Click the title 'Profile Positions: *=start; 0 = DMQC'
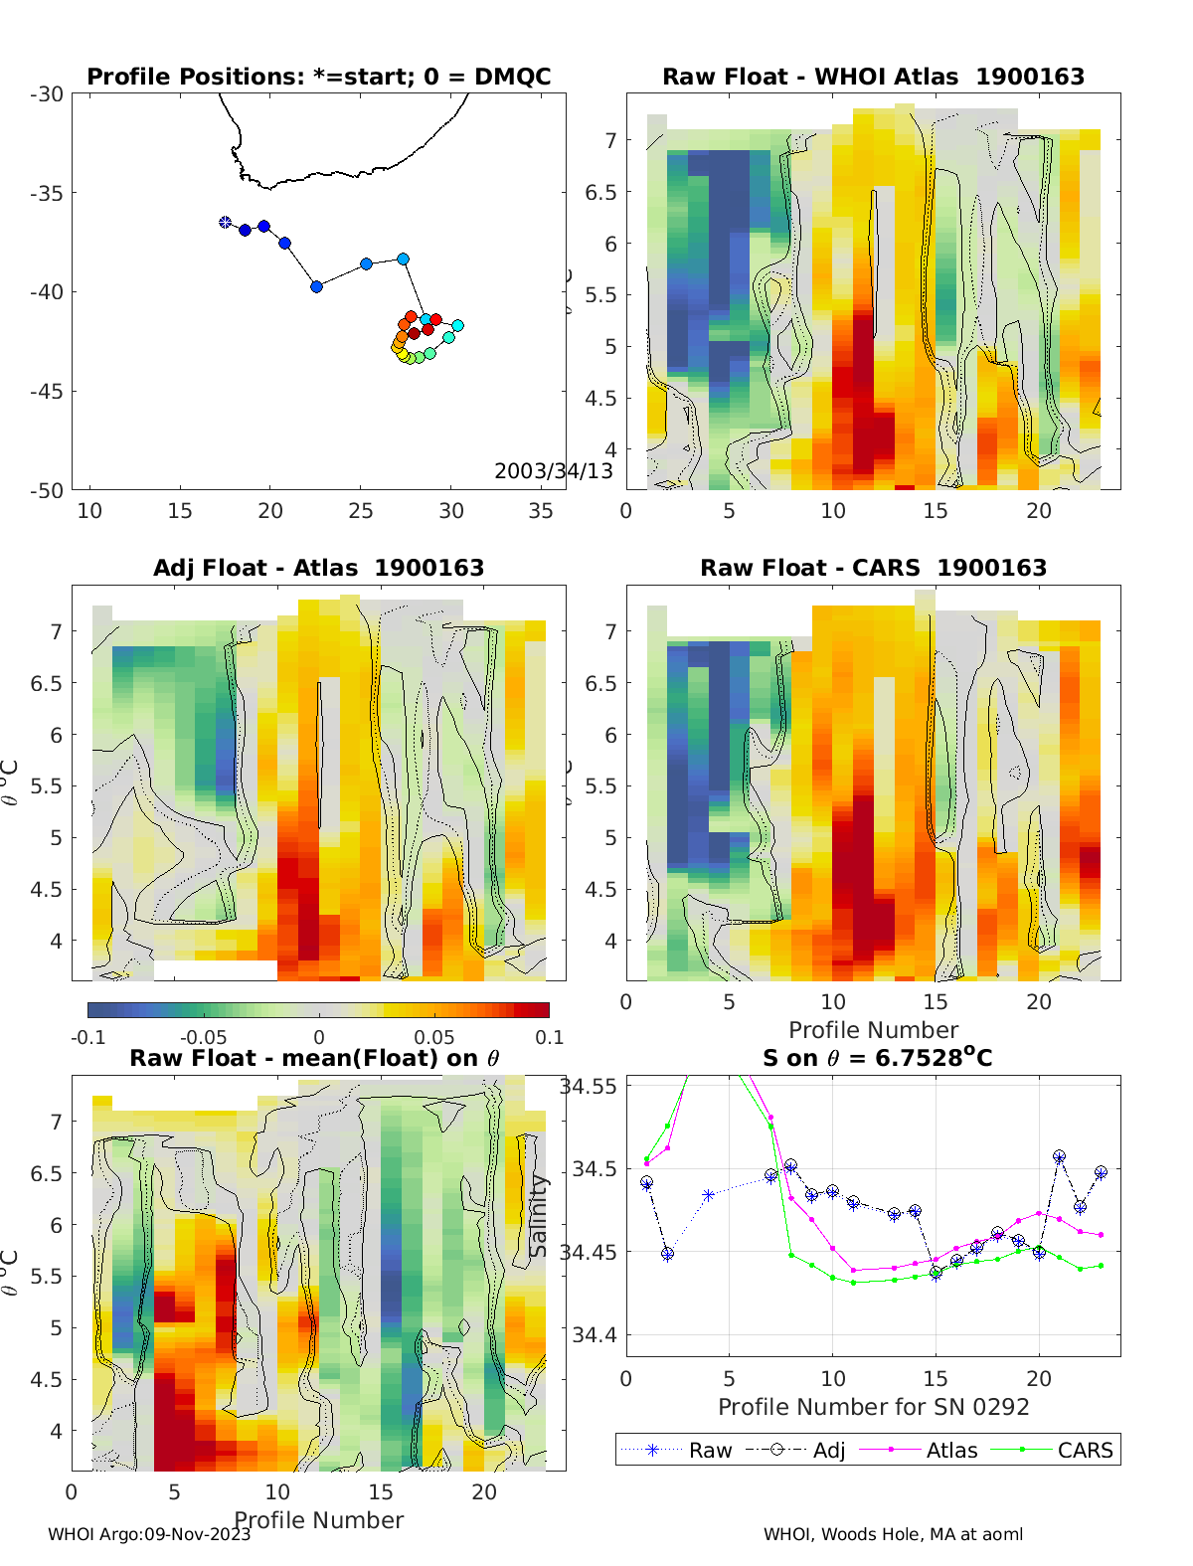click(318, 77)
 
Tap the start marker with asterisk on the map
click(226, 223)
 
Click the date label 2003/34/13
click(553, 470)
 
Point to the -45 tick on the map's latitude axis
click(47, 392)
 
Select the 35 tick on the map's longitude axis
click(541, 511)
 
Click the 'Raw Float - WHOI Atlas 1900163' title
click(873, 77)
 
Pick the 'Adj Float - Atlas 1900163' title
click(318, 568)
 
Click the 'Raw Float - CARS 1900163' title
click(873, 568)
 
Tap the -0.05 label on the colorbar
click(203, 1037)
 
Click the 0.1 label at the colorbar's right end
click(549, 1037)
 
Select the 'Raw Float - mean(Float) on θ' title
click(314, 1058)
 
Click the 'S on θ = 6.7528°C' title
click(877, 1058)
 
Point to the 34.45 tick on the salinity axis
click(589, 1252)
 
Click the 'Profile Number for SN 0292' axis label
click(873, 1407)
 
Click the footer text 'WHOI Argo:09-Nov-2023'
click(149, 1534)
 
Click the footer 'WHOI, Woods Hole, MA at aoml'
click(893, 1534)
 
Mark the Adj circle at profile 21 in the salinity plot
click(1060, 1157)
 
